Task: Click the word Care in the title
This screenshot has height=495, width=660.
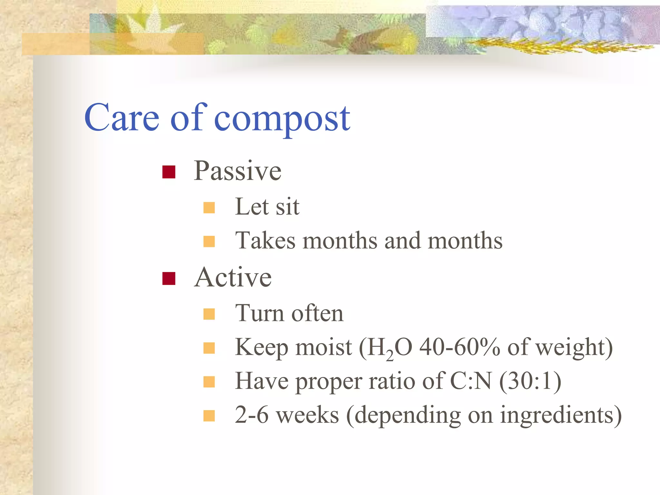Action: click(122, 118)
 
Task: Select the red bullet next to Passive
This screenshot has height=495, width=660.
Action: click(169, 172)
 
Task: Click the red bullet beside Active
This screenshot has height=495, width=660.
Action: click(169, 279)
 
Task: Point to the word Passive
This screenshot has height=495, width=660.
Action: click(238, 171)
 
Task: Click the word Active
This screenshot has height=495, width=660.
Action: click(233, 277)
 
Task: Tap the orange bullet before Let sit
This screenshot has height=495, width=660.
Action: click(209, 208)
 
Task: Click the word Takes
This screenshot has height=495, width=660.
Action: click(265, 241)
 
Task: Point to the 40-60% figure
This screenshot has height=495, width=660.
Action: click(460, 347)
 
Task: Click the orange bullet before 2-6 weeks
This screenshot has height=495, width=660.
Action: click(209, 416)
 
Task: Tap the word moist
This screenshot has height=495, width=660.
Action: click(324, 348)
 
